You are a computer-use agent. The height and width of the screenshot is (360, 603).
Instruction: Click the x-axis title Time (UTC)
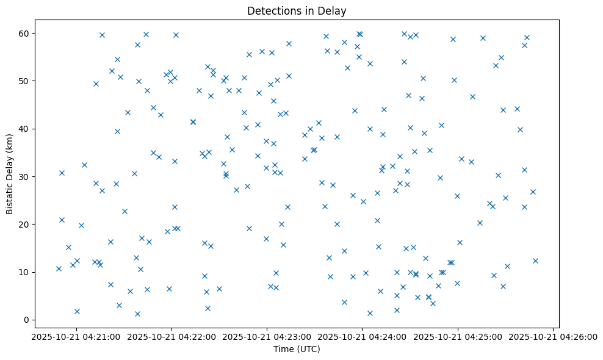[x=297, y=349]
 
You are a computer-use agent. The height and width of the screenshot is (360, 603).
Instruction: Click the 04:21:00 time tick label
[x=76, y=336]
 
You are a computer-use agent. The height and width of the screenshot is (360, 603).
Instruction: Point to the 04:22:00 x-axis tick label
[x=172, y=336]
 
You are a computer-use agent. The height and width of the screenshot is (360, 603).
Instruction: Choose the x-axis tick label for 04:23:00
[x=267, y=336]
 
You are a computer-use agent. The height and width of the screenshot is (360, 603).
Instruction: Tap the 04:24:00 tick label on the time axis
[x=362, y=336]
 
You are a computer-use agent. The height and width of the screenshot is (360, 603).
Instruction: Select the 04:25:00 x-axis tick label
[x=458, y=336]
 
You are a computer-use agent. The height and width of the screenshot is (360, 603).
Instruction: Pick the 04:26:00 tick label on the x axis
[x=553, y=336]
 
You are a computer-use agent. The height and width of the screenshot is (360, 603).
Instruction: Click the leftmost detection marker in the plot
[x=59, y=268]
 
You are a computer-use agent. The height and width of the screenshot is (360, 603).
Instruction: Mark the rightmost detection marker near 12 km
[x=535, y=261]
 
